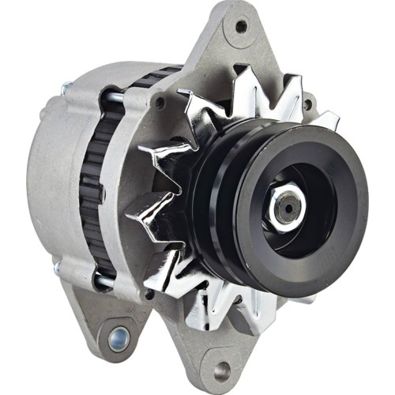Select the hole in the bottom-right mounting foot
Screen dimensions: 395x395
222,369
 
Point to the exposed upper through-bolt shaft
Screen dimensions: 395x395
115,97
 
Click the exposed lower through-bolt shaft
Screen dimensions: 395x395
103,281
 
